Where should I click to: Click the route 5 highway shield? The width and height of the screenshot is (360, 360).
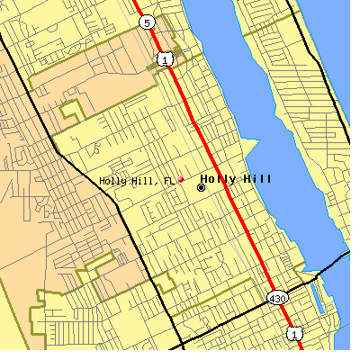coord(147,21)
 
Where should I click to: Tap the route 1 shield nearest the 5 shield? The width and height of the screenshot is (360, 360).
coord(164,59)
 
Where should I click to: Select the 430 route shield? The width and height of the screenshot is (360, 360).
coord(277,297)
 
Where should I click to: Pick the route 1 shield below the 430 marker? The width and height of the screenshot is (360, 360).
coord(293,334)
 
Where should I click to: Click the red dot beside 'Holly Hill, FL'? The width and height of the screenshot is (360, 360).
coord(180,179)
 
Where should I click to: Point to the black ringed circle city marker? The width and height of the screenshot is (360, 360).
coord(201,187)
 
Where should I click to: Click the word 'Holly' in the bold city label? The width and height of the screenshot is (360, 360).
coord(215,178)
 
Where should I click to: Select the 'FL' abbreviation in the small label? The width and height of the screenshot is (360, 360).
coord(168,181)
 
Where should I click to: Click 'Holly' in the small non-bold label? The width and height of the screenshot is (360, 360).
coord(112,181)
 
